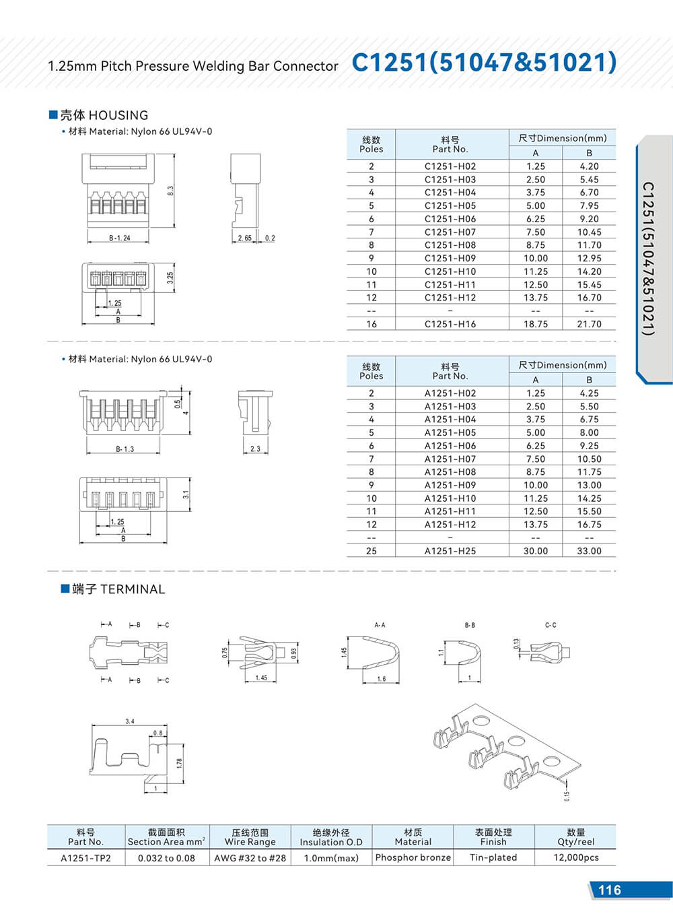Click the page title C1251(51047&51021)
pyautogui.click(x=483, y=63)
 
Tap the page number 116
pyautogui.click(x=609, y=890)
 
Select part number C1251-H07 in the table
pyautogui.click(x=450, y=232)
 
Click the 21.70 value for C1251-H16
pyautogui.click(x=589, y=324)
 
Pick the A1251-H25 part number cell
pyautogui.click(x=450, y=551)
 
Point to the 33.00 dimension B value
pyautogui.click(x=589, y=551)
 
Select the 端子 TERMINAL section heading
pyautogui.click(x=112, y=589)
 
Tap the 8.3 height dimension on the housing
pyautogui.click(x=170, y=191)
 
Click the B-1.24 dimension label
pyautogui.click(x=120, y=238)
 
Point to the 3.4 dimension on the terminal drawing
pyautogui.click(x=129, y=721)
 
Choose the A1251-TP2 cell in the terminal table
pyautogui.click(x=85, y=858)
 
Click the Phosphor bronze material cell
pyautogui.click(x=413, y=857)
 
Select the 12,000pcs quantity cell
pyautogui.click(x=575, y=857)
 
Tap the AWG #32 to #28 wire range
pyautogui.click(x=250, y=858)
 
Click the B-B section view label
pyautogui.click(x=470, y=625)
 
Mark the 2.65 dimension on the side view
pyautogui.click(x=244, y=238)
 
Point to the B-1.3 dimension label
pyautogui.click(x=125, y=449)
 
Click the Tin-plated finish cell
pyautogui.click(x=493, y=857)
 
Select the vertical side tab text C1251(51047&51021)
pyautogui.click(x=647, y=259)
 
